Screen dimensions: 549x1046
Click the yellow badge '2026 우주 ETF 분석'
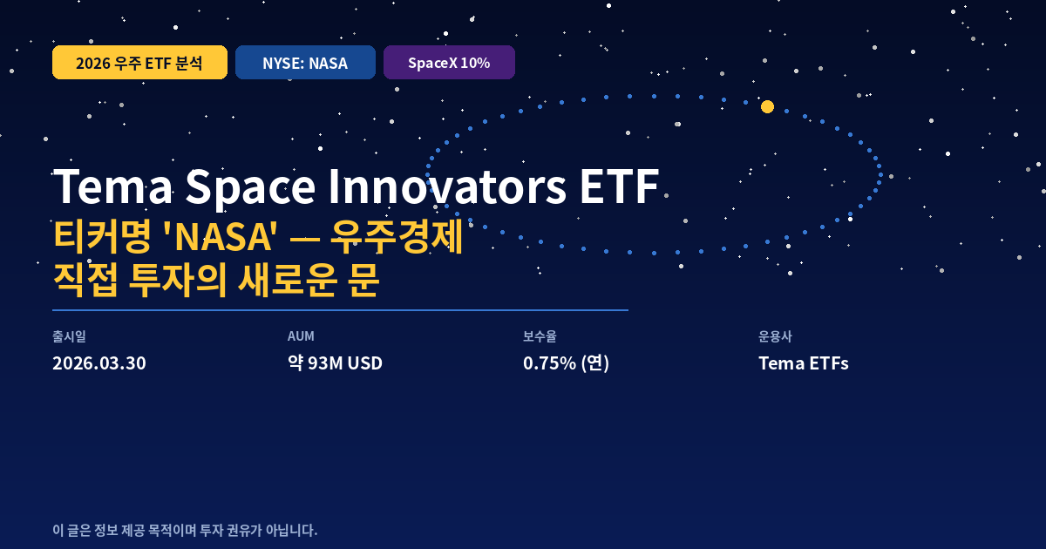(139, 63)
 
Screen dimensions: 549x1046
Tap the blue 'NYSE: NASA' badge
(305, 63)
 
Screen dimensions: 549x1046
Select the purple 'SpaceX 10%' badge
(449, 63)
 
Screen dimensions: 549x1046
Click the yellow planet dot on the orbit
(767, 107)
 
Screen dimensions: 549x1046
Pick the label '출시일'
(69, 336)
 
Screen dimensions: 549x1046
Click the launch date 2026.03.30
(99, 363)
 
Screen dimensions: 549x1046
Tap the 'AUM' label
(301, 336)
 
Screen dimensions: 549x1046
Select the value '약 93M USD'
(335, 363)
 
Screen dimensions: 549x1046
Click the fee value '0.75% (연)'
(566, 363)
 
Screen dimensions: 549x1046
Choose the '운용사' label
(775, 336)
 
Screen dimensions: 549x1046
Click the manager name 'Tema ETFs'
(803, 363)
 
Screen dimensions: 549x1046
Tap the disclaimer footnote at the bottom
(185, 530)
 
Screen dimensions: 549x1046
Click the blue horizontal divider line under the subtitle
(340, 309)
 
